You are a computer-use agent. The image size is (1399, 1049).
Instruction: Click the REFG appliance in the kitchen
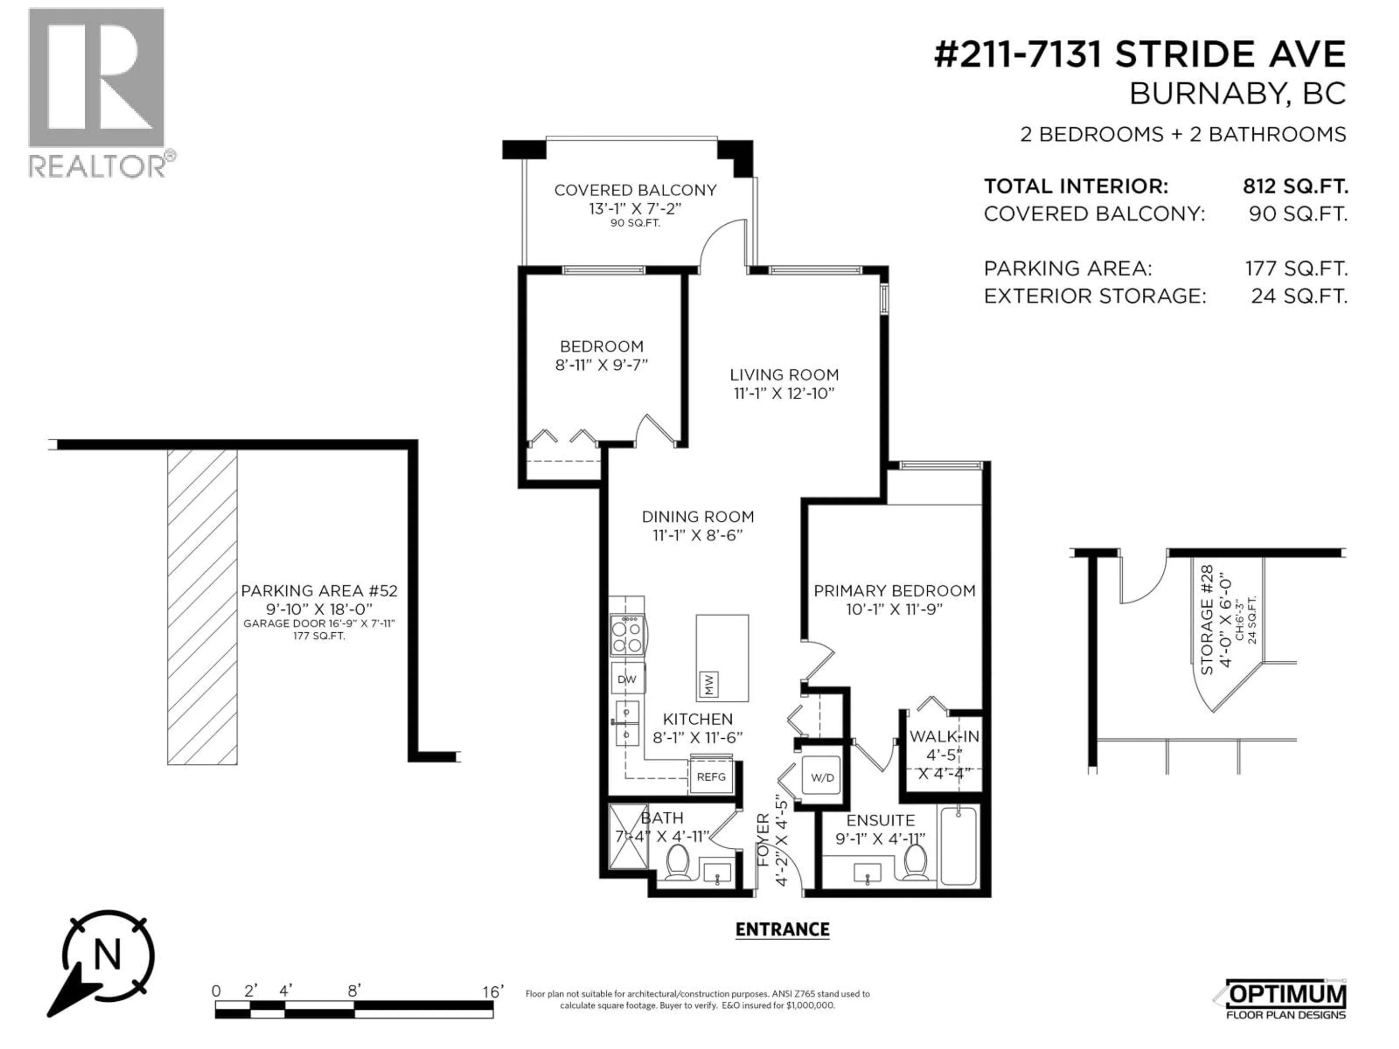(711, 777)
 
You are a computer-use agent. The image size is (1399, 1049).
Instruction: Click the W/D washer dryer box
(822, 778)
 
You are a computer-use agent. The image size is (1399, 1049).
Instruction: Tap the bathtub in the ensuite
(958, 846)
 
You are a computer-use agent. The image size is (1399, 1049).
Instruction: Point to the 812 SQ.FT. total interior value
(1295, 186)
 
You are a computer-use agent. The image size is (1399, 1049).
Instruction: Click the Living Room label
(784, 375)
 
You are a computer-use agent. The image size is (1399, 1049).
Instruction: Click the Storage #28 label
(1206, 620)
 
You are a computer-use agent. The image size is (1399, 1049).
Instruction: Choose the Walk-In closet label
(944, 736)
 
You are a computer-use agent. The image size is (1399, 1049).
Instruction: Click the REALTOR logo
(98, 92)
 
